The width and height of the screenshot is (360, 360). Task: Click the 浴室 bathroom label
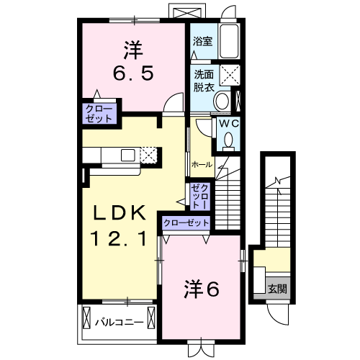[x=203, y=41]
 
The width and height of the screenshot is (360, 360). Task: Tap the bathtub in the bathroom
[x=229, y=41]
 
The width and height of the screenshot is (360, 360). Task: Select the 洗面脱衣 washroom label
[x=204, y=81]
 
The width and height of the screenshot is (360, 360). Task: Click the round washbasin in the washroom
[x=222, y=101]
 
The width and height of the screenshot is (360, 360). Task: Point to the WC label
[x=229, y=124]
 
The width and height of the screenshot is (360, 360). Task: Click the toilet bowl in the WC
[x=228, y=140]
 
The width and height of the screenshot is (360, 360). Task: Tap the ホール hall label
[x=202, y=165]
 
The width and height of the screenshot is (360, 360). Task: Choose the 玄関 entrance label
[x=277, y=289]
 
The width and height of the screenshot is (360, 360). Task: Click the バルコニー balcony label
[x=120, y=322]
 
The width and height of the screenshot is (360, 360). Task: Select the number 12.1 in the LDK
[x=119, y=238]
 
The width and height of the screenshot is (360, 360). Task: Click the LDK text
[x=120, y=212]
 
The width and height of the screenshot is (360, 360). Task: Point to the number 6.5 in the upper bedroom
[x=133, y=73]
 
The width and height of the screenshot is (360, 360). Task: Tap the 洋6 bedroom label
[x=202, y=289]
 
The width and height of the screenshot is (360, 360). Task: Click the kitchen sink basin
[x=128, y=155]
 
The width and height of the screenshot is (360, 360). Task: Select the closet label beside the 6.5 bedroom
[x=99, y=114]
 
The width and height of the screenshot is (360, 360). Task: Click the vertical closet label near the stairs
[x=200, y=197]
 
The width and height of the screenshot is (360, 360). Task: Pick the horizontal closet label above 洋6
[x=186, y=223]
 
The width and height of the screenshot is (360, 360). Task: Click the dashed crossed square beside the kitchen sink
[x=148, y=155]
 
